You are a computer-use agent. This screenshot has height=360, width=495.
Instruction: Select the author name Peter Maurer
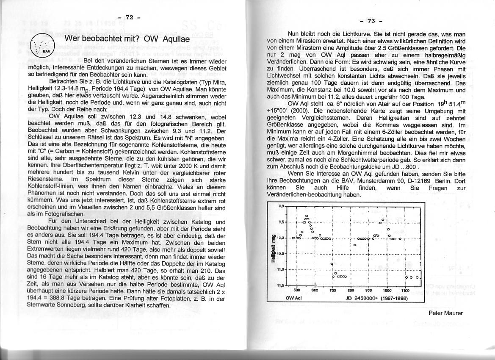pos(445,313)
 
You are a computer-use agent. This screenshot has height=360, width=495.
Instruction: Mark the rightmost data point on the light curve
pos(417,277)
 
